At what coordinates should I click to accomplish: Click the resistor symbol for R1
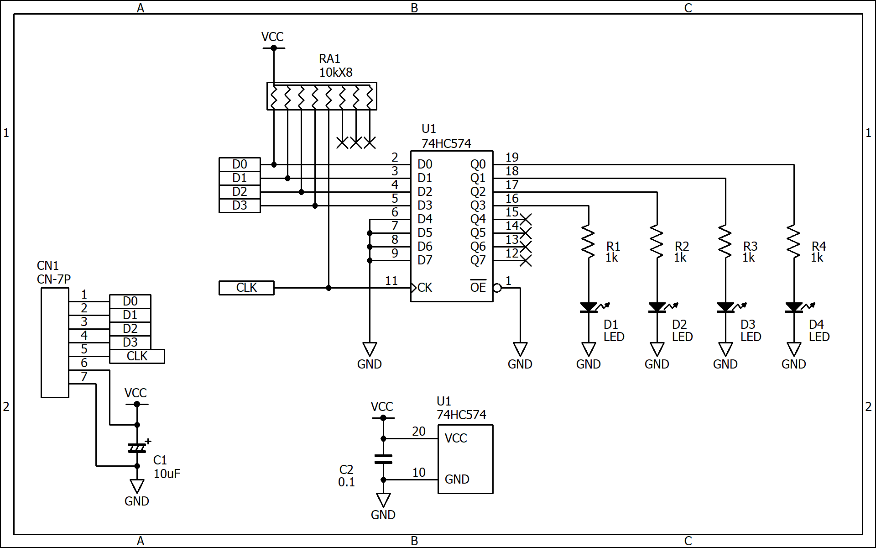click(589, 242)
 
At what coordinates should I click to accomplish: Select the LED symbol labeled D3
click(725, 307)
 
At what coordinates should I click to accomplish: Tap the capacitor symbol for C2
click(383, 459)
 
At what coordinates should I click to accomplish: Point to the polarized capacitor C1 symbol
click(137, 448)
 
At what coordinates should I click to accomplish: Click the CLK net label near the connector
click(137, 356)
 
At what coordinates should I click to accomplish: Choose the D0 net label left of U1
click(240, 164)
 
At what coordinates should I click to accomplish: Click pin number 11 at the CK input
click(391, 281)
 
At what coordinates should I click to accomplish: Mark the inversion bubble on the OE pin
click(497, 288)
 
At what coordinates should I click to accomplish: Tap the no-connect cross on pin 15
click(526, 219)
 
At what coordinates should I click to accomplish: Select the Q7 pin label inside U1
click(478, 260)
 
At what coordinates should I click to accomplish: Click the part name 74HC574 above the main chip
click(446, 143)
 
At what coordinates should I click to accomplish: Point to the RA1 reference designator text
click(329, 59)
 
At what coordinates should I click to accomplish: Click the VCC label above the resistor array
click(272, 37)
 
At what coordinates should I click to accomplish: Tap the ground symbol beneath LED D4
click(794, 349)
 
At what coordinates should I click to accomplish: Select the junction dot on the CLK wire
click(328, 288)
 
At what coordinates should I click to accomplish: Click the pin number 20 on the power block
click(419, 432)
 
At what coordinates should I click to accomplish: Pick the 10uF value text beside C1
click(167, 474)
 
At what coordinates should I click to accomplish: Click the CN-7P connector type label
click(54, 279)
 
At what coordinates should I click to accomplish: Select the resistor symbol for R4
click(794, 242)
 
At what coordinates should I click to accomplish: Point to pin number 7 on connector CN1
click(84, 377)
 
